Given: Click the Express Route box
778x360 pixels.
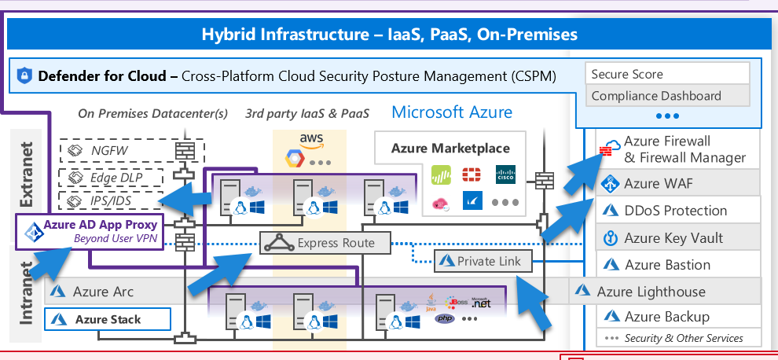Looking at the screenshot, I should click(325, 244).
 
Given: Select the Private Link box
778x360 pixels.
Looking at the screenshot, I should click(483, 260).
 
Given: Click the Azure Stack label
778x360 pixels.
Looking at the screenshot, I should click(108, 319).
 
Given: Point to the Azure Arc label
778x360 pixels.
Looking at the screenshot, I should click(103, 292).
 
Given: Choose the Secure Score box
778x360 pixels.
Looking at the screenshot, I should click(667, 74).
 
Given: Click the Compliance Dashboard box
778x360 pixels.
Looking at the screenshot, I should click(667, 96).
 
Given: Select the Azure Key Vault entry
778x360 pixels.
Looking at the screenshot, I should click(673, 238).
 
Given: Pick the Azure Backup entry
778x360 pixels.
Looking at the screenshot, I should click(666, 317).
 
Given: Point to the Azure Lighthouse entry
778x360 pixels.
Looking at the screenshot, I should click(664, 292).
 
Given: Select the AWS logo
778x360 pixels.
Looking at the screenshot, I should click(311, 140).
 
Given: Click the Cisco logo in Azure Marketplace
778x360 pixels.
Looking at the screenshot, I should click(506, 174).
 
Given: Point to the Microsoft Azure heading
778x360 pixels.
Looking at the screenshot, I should click(452, 112).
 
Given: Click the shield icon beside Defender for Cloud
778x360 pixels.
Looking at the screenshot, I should click(24, 76).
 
